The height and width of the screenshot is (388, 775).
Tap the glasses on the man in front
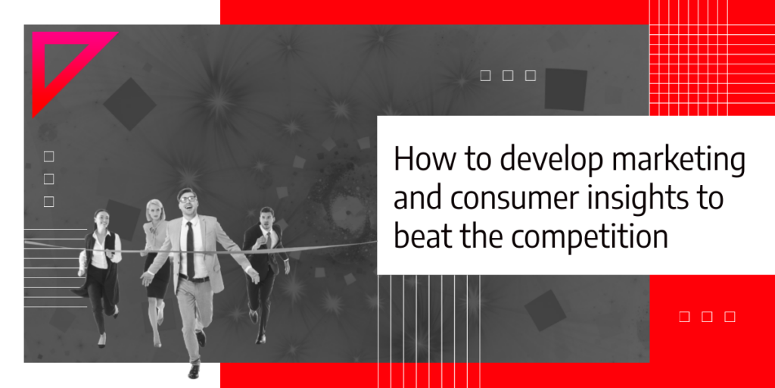[x=188, y=199]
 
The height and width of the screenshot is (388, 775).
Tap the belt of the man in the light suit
[x=194, y=279]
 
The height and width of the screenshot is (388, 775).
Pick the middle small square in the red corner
[x=707, y=317]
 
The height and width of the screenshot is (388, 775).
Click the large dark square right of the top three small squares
[x=566, y=89]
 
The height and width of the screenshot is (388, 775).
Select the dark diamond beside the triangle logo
[x=129, y=105]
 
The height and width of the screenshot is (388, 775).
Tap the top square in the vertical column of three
[x=48, y=157]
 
